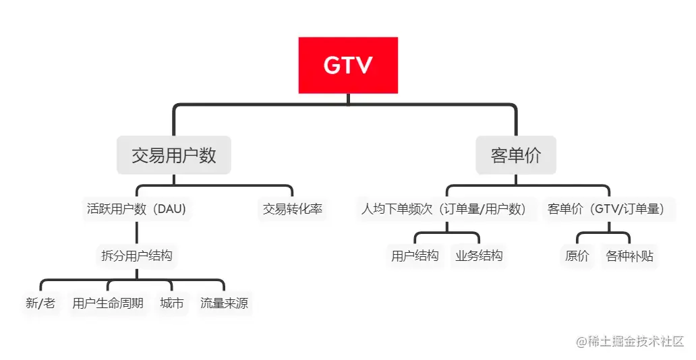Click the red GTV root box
click(348, 65)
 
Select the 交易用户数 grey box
click(173, 155)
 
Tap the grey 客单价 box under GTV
click(516, 155)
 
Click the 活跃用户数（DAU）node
click(136, 209)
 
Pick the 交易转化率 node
click(292, 209)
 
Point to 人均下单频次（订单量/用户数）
click(444, 209)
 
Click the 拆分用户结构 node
click(136, 256)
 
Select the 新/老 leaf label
click(40, 303)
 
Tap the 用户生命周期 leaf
click(108, 303)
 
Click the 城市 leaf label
click(171, 303)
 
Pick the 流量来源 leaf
click(224, 303)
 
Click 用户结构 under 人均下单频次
click(415, 256)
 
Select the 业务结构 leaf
click(479, 256)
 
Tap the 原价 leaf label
click(577, 256)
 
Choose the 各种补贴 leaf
click(629, 256)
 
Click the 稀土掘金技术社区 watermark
click(629, 341)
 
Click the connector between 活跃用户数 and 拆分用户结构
click(136, 232)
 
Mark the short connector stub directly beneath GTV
click(348, 99)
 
